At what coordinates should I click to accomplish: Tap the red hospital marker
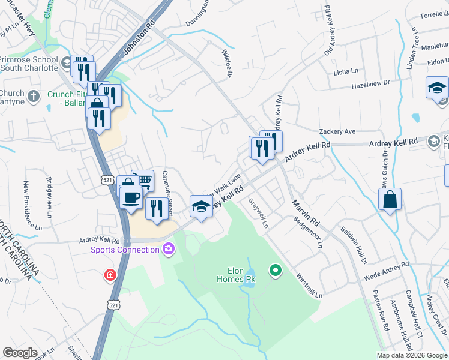tap(110, 275)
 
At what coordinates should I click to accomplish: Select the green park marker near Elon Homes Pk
tap(276, 271)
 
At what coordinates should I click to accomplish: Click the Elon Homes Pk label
tap(236, 275)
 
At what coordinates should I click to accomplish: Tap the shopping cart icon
tap(143, 179)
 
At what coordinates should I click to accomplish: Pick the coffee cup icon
tap(131, 196)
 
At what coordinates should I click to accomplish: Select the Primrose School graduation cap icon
tap(67, 61)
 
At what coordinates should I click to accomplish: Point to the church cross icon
tap(34, 95)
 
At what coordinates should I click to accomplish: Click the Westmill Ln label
tap(309, 286)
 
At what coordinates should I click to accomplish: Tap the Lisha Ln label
tap(345, 71)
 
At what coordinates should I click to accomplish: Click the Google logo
tap(20, 353)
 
